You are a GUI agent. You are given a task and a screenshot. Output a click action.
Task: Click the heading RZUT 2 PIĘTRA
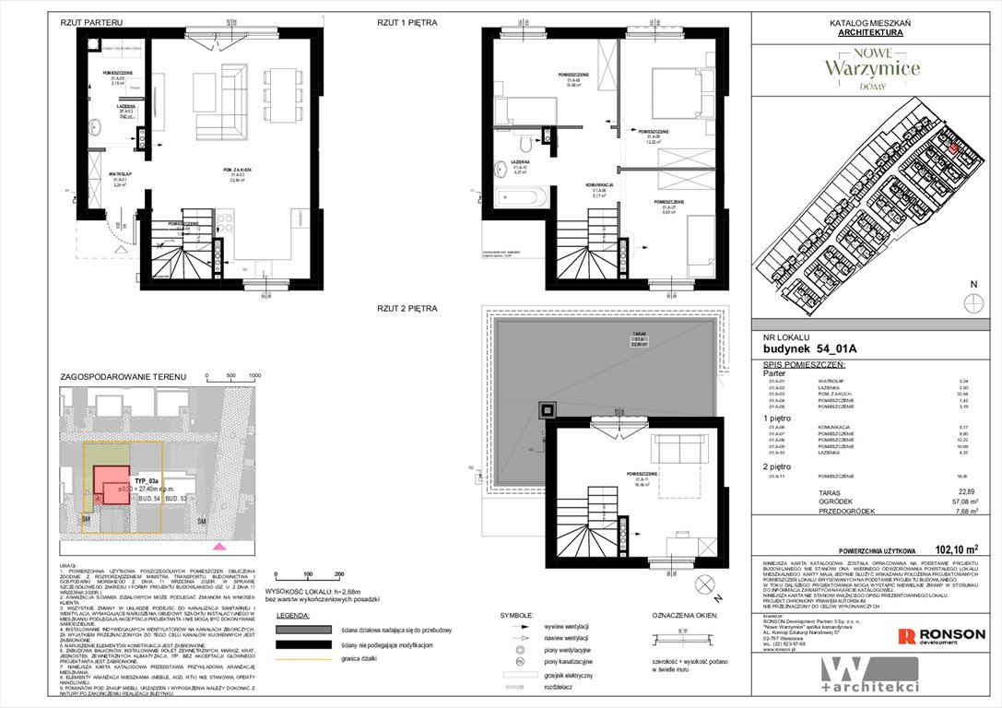(x=407, y=308)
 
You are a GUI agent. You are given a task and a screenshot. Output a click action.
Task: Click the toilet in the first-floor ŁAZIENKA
(x=523, y=145)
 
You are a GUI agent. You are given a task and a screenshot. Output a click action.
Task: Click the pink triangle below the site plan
(x=218, y=548)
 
